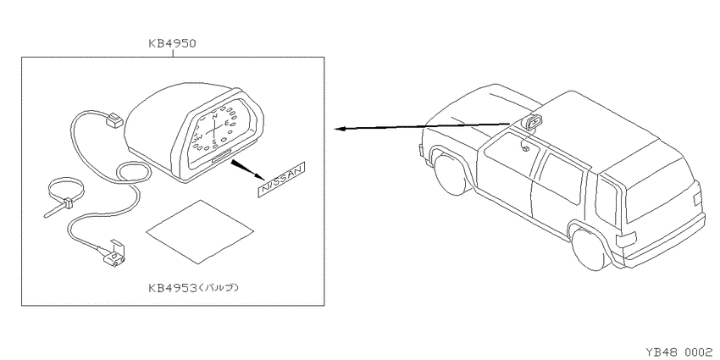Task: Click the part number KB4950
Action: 172,44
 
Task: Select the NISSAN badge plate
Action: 281,180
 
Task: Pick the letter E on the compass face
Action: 227,122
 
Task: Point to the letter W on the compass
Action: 200,137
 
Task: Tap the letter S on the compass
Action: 214,141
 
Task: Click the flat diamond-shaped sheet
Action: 200,232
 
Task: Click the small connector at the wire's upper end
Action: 114,121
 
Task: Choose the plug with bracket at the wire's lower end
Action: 115,256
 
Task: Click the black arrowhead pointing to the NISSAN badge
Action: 247,170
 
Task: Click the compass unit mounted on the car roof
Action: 533,122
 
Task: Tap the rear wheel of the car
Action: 592,248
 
